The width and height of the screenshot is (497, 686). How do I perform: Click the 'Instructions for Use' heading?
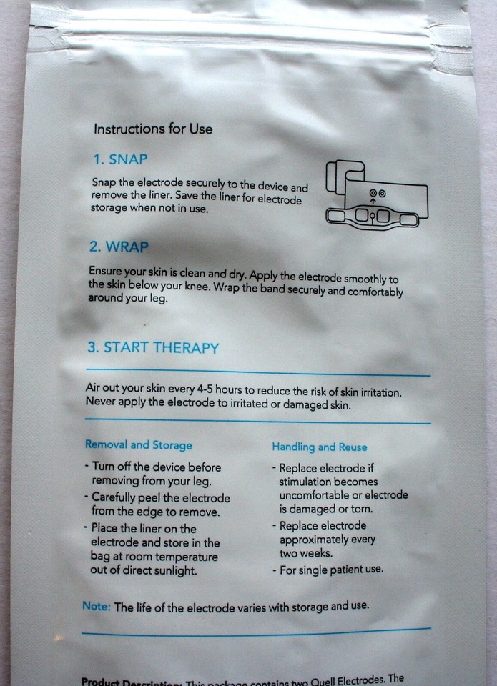pos(153,129)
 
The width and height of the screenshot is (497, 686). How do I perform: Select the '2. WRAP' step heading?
pos(119,247)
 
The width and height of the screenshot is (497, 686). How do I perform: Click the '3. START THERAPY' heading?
pos(152,348)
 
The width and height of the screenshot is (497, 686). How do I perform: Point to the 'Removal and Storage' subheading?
pos(139,444)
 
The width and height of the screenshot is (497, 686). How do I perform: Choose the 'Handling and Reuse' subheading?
pos(319,447)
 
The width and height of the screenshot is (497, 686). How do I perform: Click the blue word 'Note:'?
pos(97,605)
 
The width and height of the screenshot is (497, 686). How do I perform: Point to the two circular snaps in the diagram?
pos(377,193)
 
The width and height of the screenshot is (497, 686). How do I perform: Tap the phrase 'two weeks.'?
pos(305,553)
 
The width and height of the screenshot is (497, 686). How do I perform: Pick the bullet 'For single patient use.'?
pos(330,570)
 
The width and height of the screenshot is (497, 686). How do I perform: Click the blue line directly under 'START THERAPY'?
pos(257,372)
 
